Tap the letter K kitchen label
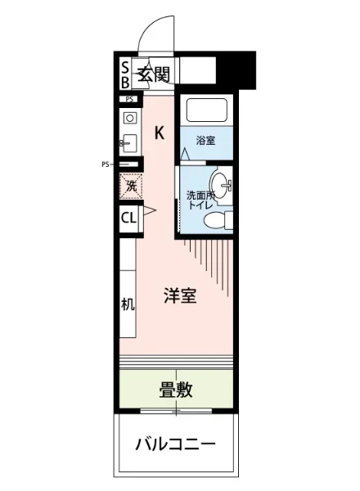click(x=160, y=133)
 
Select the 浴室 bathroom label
click(x=205, y=140)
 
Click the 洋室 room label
click(x=179, y=297)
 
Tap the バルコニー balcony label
click(x=175, y=445)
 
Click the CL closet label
click(x=128, y=218)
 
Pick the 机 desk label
click(x=128, y=305)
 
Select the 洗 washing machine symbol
click(x=129, y=186)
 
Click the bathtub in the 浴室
click(x=206, y=110)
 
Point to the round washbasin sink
click(x=220, y=182)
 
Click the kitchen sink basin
click(x=128, y=118)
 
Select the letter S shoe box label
click(x=125, y=67)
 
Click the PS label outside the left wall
click(x=106, y=164)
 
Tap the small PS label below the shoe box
click(x=128, y=99)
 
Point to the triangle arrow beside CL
click(x=149, y=212)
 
